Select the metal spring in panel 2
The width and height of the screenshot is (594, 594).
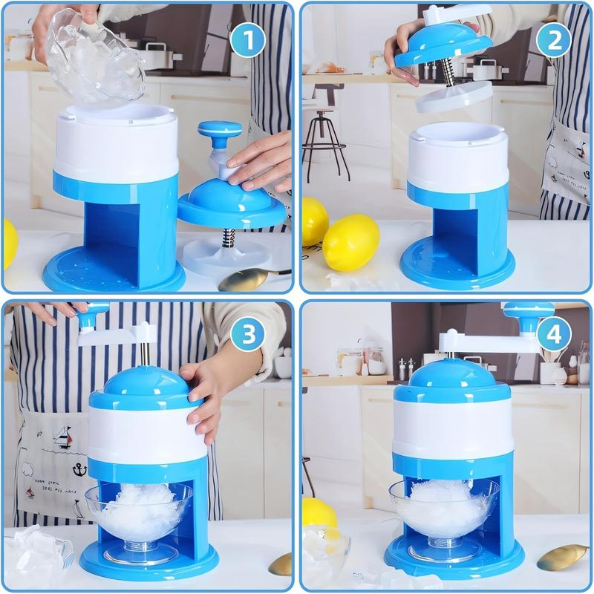(x=447, y=73)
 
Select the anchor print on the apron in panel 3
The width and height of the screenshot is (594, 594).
(x=78, y=469)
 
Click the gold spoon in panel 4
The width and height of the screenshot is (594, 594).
(x=561, y=557)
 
